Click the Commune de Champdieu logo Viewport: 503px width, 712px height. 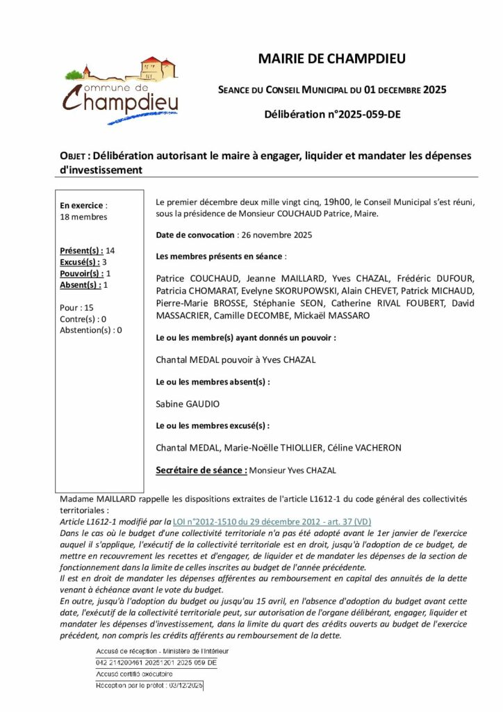click(x=121, y=90)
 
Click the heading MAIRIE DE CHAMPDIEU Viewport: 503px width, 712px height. click(x=331, y=59)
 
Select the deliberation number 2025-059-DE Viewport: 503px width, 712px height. click(x=332, y=114)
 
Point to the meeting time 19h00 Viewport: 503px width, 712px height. click(x=322, y=201)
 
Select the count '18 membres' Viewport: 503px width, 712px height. click(x=83, y=217)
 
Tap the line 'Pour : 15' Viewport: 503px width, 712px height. click(x=76, y=307)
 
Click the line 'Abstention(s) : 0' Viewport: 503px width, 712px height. click(x=90, y=330)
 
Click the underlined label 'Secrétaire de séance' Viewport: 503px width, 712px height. click(x=201, y=471)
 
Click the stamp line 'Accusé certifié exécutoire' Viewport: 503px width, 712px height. click(x=134, y=674)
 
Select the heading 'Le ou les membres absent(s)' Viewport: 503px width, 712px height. click(x=213, y=382)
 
